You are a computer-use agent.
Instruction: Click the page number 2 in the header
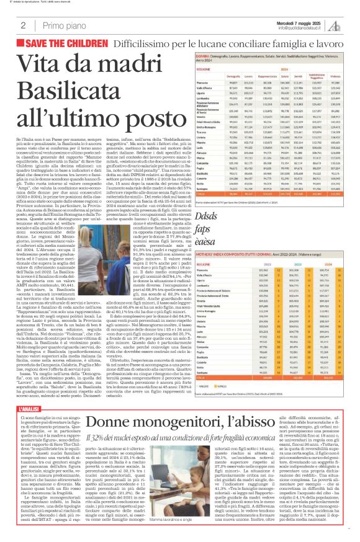[23, 25]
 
